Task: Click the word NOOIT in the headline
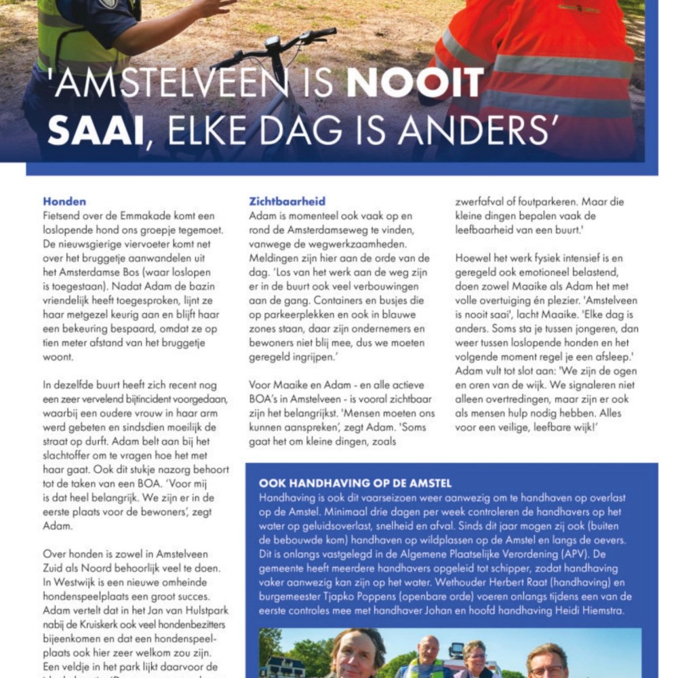coord(415,84)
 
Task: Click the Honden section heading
coord(64,201)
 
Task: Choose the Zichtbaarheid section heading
coord(287,201)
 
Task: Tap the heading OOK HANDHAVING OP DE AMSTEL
coord(355,483)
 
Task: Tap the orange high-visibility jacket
coord(536,75)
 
